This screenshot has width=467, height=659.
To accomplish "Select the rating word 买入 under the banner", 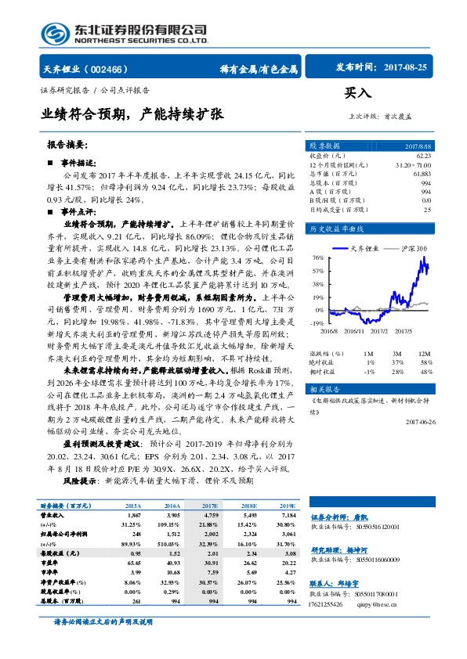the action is pos(357,92).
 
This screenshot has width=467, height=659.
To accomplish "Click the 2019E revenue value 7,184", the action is pos(288,517).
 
